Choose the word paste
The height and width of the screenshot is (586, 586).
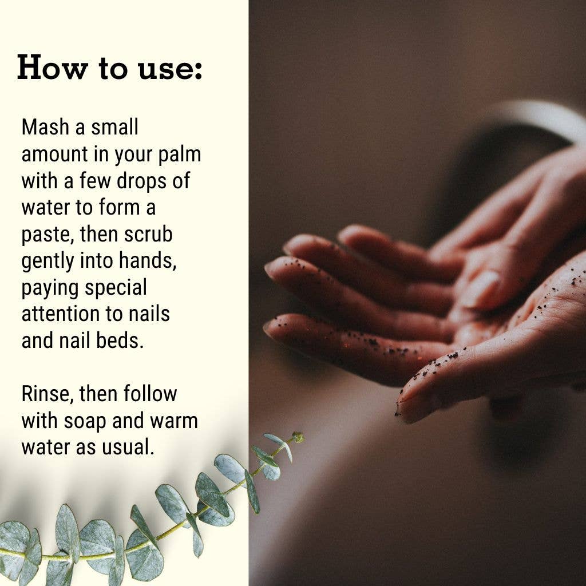click(x=47, y=235)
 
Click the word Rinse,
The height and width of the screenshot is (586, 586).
click(x=47, y=394)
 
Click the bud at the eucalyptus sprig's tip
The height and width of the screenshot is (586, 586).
click(x=298, y=437)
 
